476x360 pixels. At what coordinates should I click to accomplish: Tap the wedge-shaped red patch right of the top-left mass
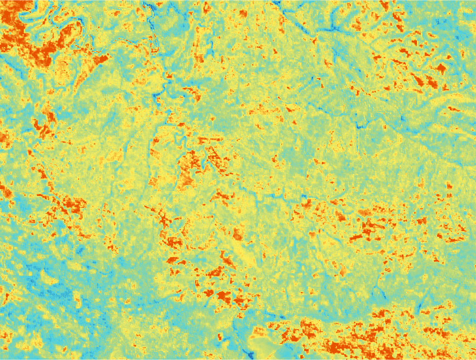[99, 60]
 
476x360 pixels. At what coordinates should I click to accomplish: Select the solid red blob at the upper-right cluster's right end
[441, 69]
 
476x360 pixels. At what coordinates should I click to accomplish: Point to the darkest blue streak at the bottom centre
[248, 352]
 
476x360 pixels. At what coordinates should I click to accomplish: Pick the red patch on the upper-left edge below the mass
[43, 126]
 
